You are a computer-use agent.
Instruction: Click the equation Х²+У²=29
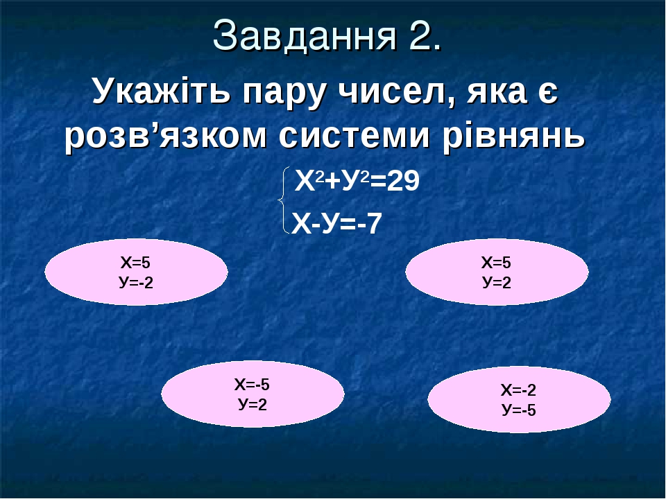point(357,182)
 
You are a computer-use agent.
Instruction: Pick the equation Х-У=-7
point(336,223)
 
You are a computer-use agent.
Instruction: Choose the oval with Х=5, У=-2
point(136,272)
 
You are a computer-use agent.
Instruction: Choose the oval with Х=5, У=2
point(497,272)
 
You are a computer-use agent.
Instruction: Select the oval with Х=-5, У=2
point(253,394)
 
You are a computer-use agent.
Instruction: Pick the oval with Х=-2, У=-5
point(519,399)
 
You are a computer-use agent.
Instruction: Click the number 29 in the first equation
point(403,182)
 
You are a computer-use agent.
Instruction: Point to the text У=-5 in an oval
point(519,410)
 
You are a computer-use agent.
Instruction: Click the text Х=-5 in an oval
point(252,385)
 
